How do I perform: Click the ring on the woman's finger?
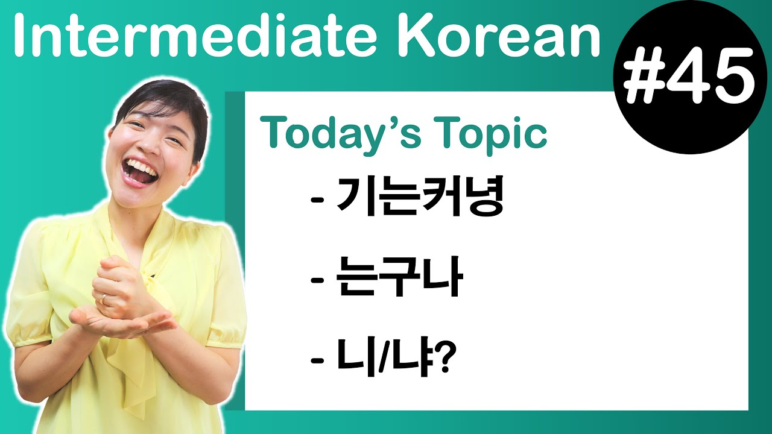pyautogui.click(x=103, y=298)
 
